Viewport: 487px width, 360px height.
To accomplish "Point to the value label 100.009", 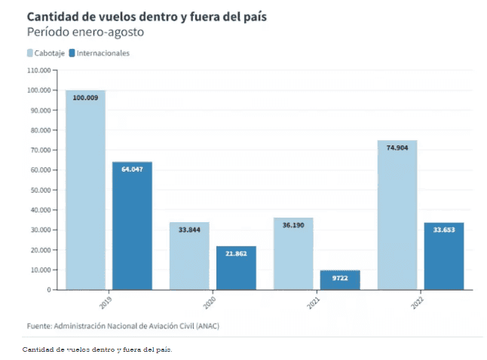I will pos(85,98).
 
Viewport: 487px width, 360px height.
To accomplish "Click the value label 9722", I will pos(340,278).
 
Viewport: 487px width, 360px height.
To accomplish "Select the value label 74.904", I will pos(397,148).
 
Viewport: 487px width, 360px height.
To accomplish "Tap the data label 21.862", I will pos(236,254).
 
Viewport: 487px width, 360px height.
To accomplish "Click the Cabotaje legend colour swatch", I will pos(30,53).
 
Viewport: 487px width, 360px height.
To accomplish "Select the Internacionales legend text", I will pos(103,53).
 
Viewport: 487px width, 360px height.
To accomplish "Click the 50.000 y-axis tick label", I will pos(39,190).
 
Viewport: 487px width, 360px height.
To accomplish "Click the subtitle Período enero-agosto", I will pos(84,32).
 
